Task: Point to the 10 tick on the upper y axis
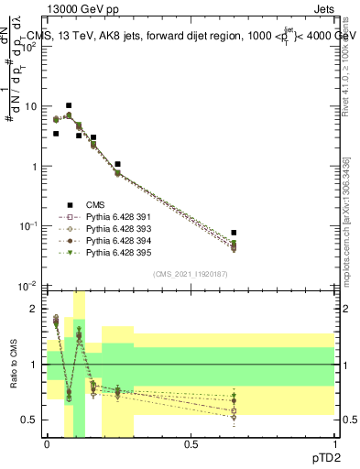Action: click(33, 106)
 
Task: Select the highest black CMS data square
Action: click(69, 106)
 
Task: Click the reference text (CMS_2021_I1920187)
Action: click(191, 274)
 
